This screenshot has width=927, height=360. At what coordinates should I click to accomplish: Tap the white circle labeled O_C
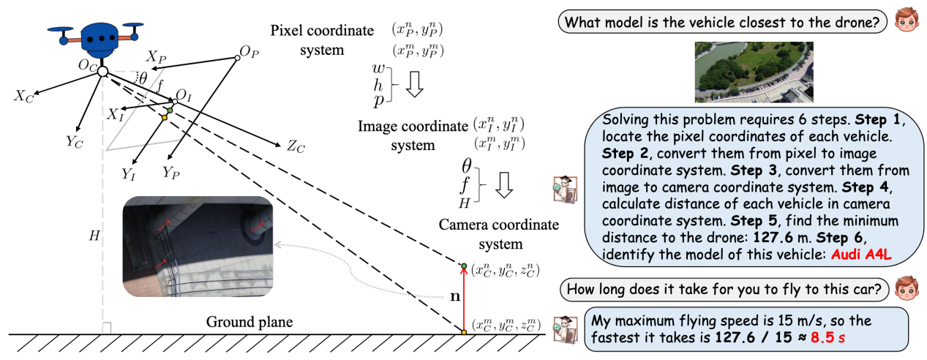click(x=103, y=71)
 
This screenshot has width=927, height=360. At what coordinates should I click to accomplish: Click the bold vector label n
click(x=453, y=298)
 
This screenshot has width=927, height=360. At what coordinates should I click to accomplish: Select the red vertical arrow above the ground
click(x=463, y=300)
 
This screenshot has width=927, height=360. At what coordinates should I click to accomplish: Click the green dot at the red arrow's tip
click(x=463, y=265)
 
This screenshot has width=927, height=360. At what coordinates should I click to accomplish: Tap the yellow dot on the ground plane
click(x=463, y=334)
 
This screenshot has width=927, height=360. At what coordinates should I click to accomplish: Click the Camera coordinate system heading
click(x=498, y=233)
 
